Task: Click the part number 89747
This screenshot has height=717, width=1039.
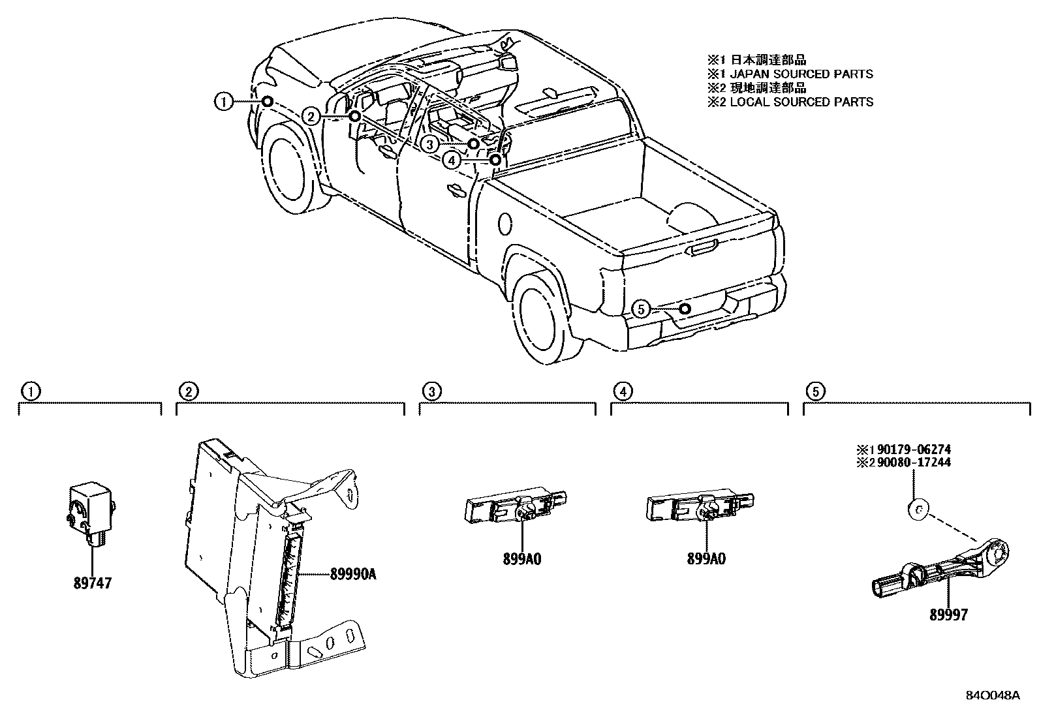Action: pyautogui.click(x=91, y=583)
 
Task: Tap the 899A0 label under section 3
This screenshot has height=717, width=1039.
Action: pyautogui.click(x=522, y=558)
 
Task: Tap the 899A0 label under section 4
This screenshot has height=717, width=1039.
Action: pyautogui.click(x=706, y=558)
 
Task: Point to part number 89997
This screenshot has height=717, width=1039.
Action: pyautogui.click(x=948, y=614)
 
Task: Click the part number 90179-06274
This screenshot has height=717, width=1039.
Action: pyautogui.click(x=912, y=450)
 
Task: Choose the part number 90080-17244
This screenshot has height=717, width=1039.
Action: pyautogui.click(x=912, y=463)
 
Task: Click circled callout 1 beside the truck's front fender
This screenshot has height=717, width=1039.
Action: pyautogui.click(x=223, y=101)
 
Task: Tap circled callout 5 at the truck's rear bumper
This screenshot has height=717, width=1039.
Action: pyautogui.click(x=642, y=309)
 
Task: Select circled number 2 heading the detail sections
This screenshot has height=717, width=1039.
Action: pyautogui.click(x=187, y=391)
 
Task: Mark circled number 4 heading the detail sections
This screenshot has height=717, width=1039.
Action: pyautogui.click(x=623, y=391)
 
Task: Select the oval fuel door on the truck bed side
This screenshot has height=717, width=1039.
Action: pyautogui.click(x=504, y=223)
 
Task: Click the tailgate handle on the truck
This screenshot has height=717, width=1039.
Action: pyautogui.click(x=702, y=249)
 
